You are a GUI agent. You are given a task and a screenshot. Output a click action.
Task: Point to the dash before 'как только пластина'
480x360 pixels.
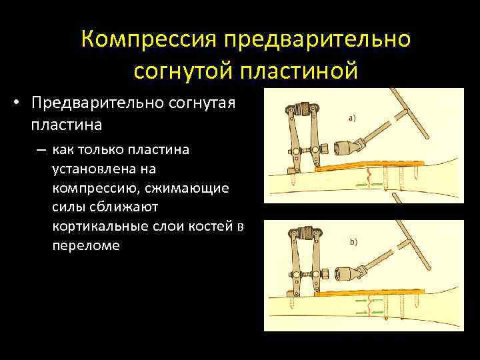[x=39, y=150]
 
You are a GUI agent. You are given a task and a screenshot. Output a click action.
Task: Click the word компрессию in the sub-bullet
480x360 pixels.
[x=95, y=189]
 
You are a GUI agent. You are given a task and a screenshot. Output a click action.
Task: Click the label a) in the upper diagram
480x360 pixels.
[x=351, y=118]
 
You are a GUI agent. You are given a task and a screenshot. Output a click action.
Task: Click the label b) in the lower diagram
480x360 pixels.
[x=353, y=242]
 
